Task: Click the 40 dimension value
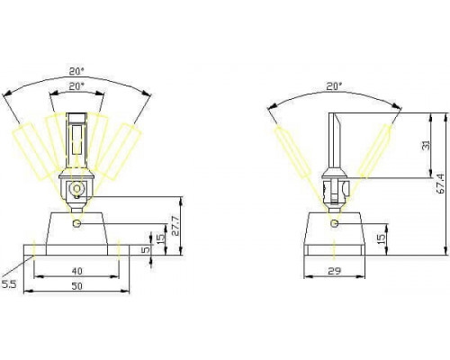click(77, 271)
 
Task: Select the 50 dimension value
click(77, 286)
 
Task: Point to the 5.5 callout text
click(8, 284)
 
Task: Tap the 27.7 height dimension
click(175, 225)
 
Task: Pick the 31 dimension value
click(426, 145)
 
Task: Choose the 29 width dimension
click(335, 271)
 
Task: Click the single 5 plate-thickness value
click(145, 250)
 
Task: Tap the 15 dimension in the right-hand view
click(381, 238)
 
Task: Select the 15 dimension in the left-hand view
click(161, 238)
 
